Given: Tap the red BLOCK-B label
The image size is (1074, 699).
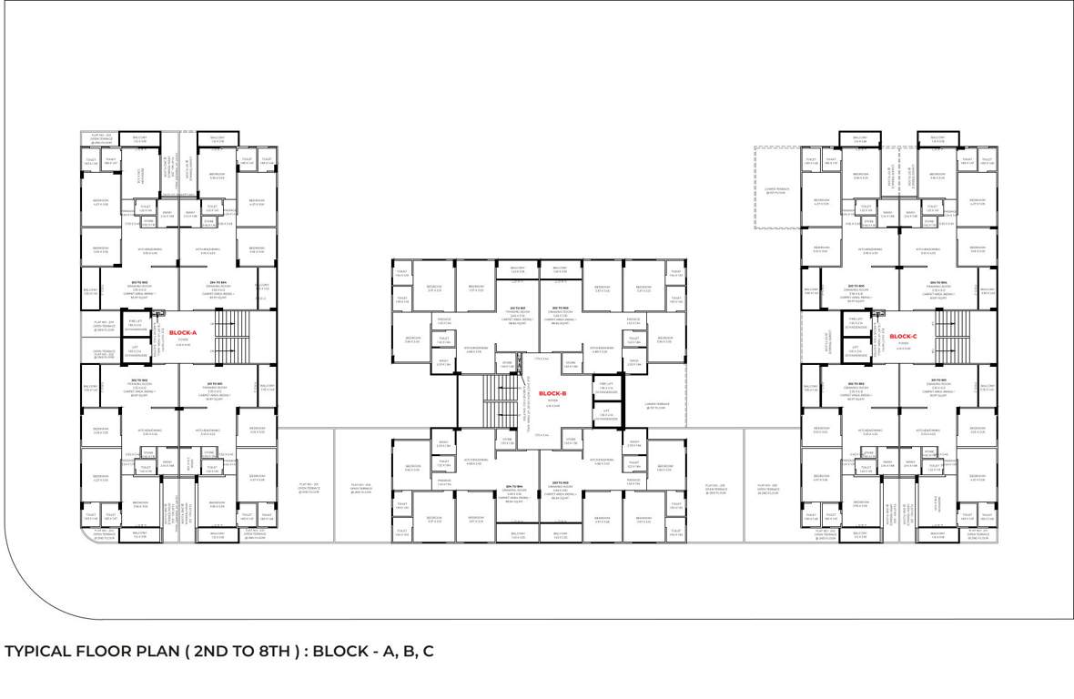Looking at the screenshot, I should [x=552, y=394].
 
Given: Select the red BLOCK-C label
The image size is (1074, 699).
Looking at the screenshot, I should [x=903, y=337].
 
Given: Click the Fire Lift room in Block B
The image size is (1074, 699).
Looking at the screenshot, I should [x=606, y=387].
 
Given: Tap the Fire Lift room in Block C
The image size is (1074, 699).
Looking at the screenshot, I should [x=855, y=322].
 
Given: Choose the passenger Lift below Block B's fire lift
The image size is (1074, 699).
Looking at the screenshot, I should [x=606, y=414].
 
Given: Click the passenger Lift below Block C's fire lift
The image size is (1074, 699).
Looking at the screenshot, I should [x=855, y=350].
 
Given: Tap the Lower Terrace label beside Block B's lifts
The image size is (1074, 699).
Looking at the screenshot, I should [x=657, y=406].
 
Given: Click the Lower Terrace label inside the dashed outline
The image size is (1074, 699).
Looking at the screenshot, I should [x=776, y=191].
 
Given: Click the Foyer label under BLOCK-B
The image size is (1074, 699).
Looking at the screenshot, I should [x=552, y=405].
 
